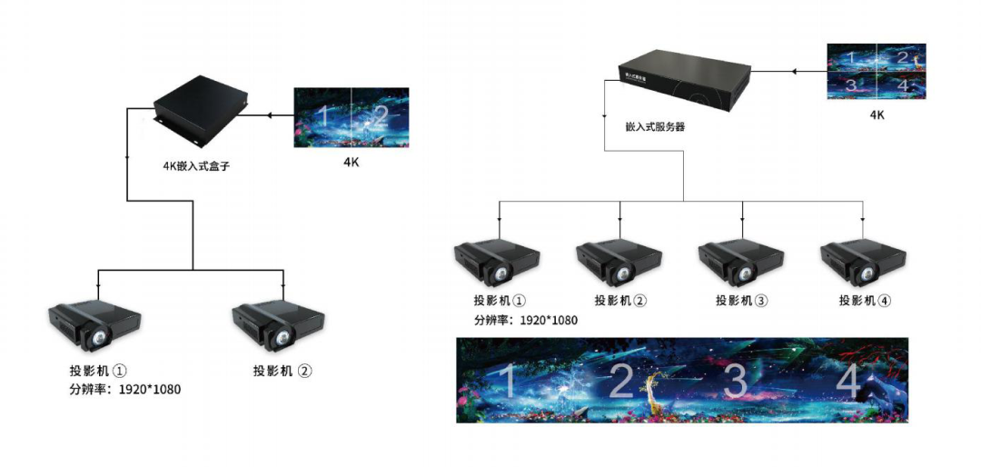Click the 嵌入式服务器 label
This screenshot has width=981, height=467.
(x=656, y=127)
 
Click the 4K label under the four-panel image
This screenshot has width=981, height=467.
(x=877, y=115)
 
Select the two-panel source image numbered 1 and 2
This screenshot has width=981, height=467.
(x=351, y=116)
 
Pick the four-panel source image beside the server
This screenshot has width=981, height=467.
(x=877, y=71)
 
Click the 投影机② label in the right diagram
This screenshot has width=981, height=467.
(x=620, y=301)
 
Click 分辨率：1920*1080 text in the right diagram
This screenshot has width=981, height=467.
(x=525, y=320)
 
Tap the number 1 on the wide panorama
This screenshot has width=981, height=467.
(x=509, y=382)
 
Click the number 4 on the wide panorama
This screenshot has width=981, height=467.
(x=847, y=382)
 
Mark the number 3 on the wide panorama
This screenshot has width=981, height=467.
(x=736, y=382)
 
